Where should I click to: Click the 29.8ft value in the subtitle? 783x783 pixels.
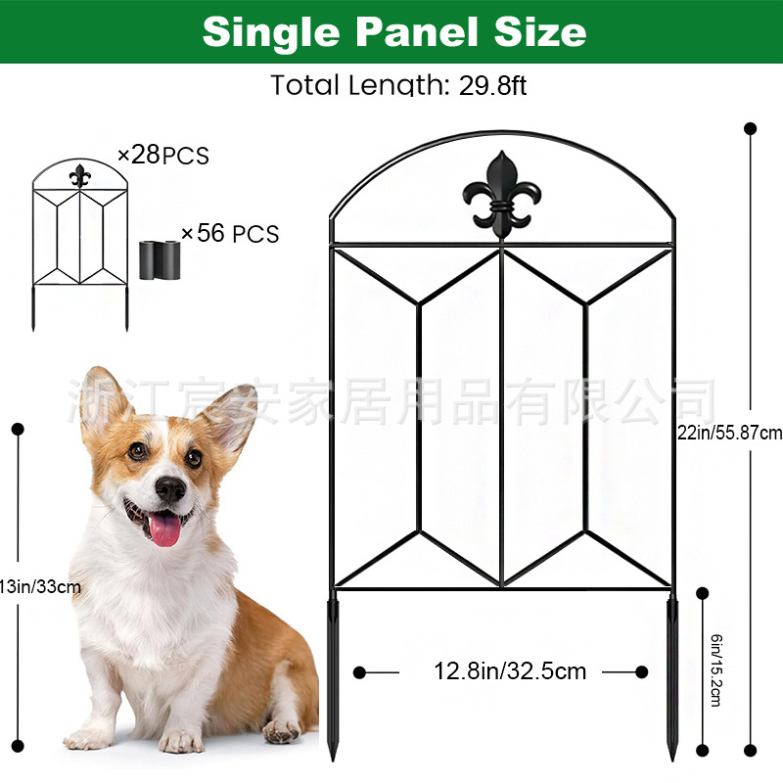point(492,85)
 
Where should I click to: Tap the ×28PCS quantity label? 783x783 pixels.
point(162,155)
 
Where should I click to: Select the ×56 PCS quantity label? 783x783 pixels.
point(230,234)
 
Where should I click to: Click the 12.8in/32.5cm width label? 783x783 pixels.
point(510,671)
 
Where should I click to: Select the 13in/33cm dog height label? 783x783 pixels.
point(40,586)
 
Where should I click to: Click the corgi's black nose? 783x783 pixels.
point(169,489)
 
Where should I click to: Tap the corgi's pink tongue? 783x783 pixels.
point(164,530)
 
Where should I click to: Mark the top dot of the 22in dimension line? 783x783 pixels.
point(751,128)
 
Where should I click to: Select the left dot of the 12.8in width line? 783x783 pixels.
point(360,672)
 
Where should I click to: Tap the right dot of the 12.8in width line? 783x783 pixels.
point(642,671)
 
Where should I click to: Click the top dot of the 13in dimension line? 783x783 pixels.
point(17,429)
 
